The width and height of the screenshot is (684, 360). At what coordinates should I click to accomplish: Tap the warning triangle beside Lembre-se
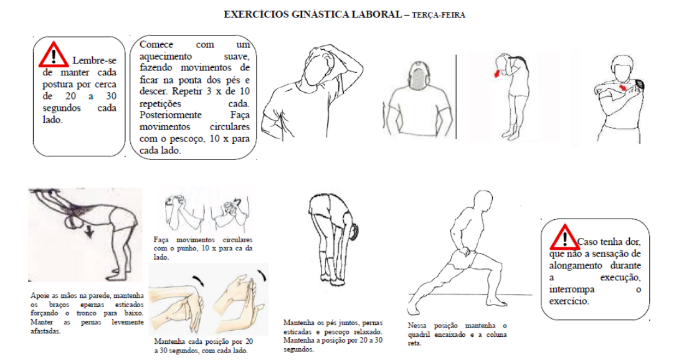55,55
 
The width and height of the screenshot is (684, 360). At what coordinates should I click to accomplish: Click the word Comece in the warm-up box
156,45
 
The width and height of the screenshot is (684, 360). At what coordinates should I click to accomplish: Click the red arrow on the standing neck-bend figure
496,73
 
